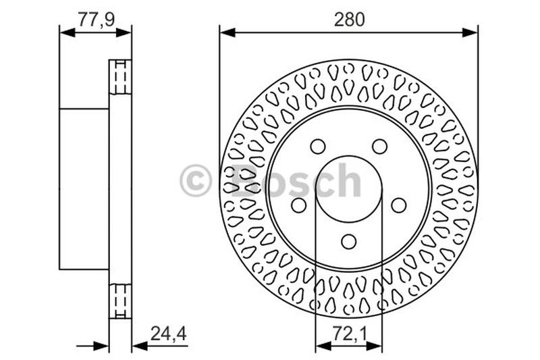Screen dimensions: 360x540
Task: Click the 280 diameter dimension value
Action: click(348, 20)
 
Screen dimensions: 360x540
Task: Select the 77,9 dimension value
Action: click(95, 20)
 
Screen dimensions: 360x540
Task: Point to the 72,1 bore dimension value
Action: click(348, 332)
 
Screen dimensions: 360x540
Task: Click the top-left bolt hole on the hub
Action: click(317, 147)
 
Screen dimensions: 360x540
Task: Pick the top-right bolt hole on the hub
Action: click(380, 147)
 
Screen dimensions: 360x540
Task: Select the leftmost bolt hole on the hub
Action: click(298, 205)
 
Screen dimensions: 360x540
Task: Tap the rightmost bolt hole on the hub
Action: click(399, 205)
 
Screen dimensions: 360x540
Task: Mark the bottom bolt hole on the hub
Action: click(348, 241)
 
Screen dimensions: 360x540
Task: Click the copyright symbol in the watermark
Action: click(196, 182)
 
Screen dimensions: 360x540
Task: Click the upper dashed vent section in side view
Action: click(120, 77)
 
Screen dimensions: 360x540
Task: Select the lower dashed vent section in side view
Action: click(120, 301)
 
